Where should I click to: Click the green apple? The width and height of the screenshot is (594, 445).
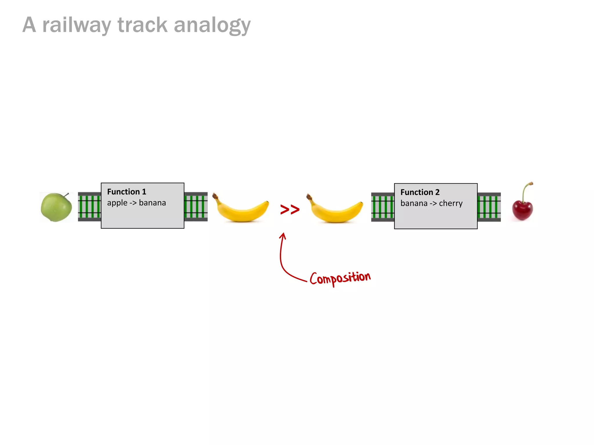[x=56, y=207]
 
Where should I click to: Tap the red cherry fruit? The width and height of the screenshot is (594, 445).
[x=522, y=210]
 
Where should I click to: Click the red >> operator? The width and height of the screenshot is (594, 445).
[x=290, y=209]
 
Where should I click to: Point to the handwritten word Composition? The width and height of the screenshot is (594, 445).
[x=340, y=278]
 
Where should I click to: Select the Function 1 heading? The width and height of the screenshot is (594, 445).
[x=127, y=192]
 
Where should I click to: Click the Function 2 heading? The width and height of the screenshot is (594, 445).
[x=420, y=192]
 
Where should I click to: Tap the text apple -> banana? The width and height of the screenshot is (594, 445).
[x=136, y=203]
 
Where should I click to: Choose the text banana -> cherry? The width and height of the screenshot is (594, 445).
[x=431, y=203]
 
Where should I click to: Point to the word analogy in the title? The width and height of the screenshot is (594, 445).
[x=212, y=25]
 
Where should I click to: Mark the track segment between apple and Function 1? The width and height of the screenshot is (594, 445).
[x=89, y=207]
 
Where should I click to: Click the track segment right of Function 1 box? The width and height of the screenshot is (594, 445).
[x=196, y=207]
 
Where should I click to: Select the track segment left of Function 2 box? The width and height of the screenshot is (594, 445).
[x=383, y=207]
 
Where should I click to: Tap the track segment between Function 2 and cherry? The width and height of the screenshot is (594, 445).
[x=489, y=207]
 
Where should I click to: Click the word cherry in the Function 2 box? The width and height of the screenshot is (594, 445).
[x=451, y=203]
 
